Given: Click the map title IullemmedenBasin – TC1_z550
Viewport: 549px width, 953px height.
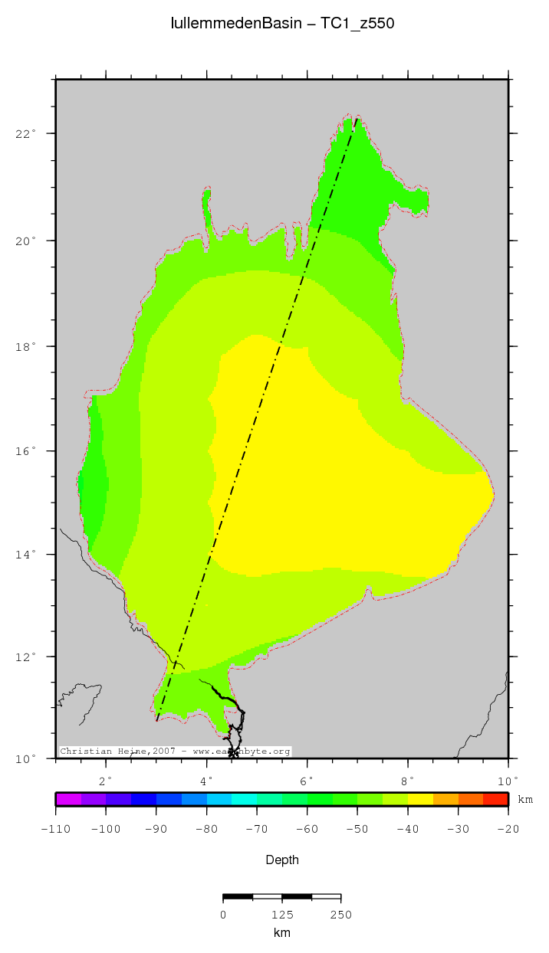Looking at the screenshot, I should coord(282,24).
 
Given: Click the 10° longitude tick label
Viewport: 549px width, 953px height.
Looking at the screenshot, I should coord(506,781).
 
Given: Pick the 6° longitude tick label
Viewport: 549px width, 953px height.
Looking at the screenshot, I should coord(307,781).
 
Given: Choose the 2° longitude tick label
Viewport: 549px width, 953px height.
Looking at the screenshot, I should coord(106,781).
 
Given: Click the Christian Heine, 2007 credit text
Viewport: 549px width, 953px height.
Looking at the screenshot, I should coord(175,752).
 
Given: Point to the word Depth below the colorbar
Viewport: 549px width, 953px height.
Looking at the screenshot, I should coord(282,860).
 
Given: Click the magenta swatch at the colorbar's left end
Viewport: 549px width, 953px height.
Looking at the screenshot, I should coord(68,799).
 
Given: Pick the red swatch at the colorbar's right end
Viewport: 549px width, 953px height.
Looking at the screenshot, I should coord(496,799).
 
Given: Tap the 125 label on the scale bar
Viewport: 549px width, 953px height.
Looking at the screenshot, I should coord(282,915).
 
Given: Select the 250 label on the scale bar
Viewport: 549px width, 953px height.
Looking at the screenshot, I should coord(340,915).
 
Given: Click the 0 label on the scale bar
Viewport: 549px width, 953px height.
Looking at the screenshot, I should coord(223,915).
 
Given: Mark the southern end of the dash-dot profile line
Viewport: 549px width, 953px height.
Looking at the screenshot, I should coord(156,721).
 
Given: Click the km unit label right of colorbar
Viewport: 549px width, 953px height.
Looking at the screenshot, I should coord(525,800).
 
